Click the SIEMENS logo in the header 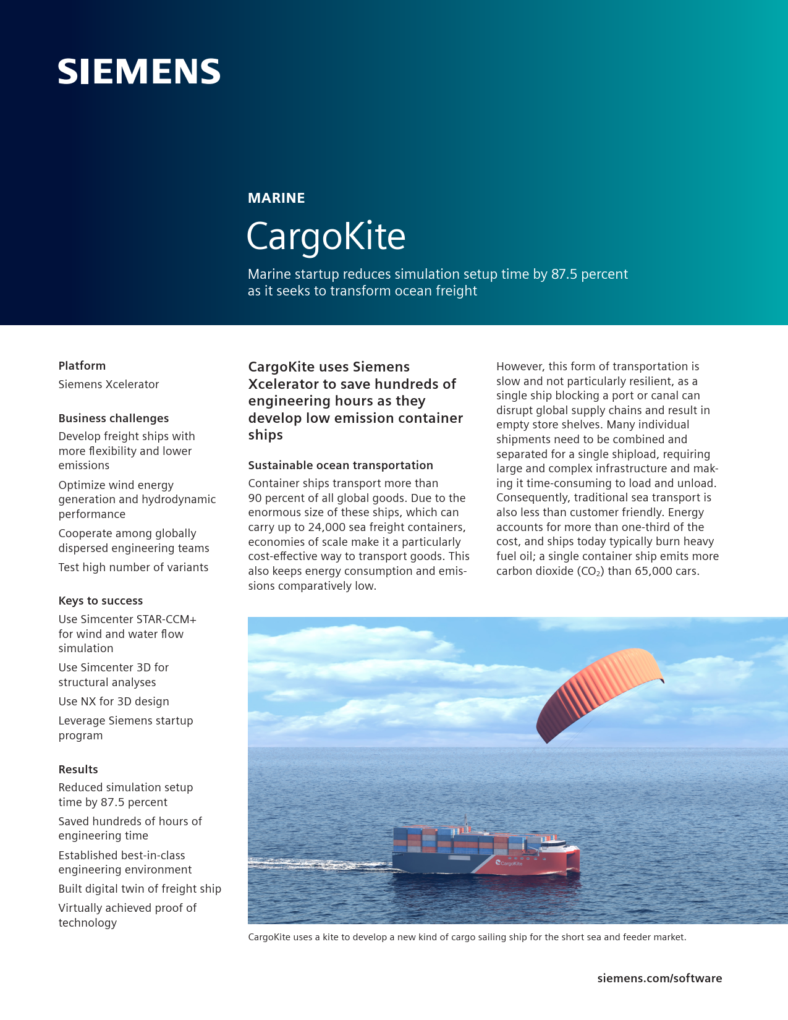point(139,72)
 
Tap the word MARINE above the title point(276,198)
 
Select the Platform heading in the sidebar point(82,365)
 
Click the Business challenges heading point(114,418)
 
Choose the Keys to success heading point(101,600)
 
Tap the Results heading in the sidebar point(78,769)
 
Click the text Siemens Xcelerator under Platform point(109,384)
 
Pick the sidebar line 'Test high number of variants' point(133,567)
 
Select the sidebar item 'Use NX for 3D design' point(114,701)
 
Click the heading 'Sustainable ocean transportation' point(341,465)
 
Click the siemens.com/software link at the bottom point(659,978)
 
